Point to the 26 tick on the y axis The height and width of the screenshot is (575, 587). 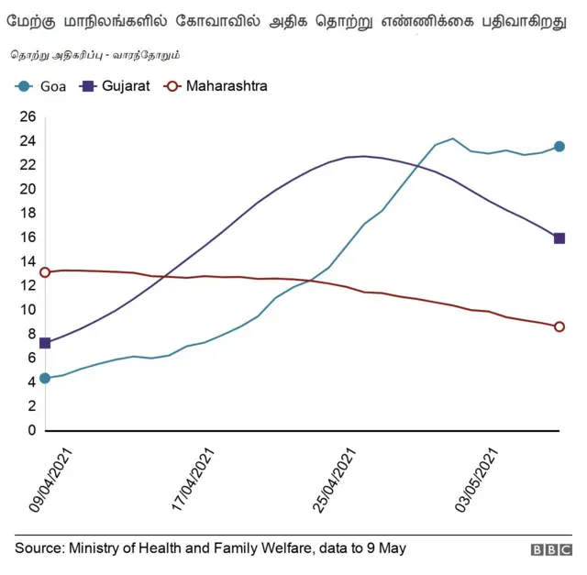tap(27, 116)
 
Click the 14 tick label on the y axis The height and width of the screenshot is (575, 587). tap(27, 261)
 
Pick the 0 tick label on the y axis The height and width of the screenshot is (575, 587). tap(30, 430)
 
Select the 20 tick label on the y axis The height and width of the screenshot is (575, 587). tap(27, 189)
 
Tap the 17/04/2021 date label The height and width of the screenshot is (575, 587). tap(194, 481)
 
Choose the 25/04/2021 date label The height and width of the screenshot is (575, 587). tap(338, 481)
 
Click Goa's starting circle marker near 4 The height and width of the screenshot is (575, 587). tap(45, 378)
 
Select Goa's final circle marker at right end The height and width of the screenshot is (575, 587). tap(559, 147)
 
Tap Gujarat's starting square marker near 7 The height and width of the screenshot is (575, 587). tap(45, 343)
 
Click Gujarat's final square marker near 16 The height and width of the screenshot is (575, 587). tap(559, 238)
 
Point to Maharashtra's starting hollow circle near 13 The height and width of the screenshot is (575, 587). tap(45, 272)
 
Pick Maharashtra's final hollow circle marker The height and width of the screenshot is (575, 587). tap(559, 326)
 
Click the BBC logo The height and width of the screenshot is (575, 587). tap(550, 549)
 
